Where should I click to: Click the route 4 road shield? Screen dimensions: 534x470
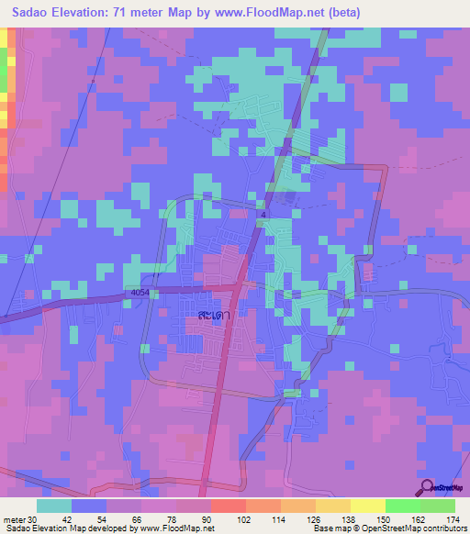(x=263, y=215)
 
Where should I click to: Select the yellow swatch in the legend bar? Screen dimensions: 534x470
(x=368, y=506)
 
